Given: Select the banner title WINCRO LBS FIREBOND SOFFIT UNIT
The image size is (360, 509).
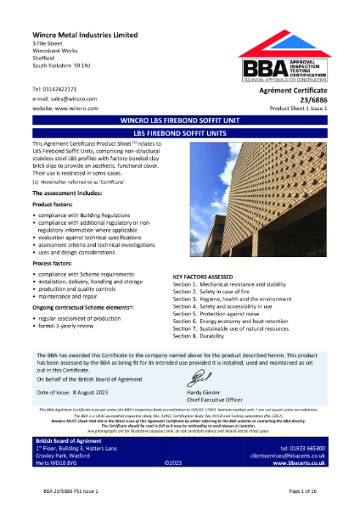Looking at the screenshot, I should tap(179, 143).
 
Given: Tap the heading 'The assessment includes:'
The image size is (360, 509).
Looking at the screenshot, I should tap(68, 195).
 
